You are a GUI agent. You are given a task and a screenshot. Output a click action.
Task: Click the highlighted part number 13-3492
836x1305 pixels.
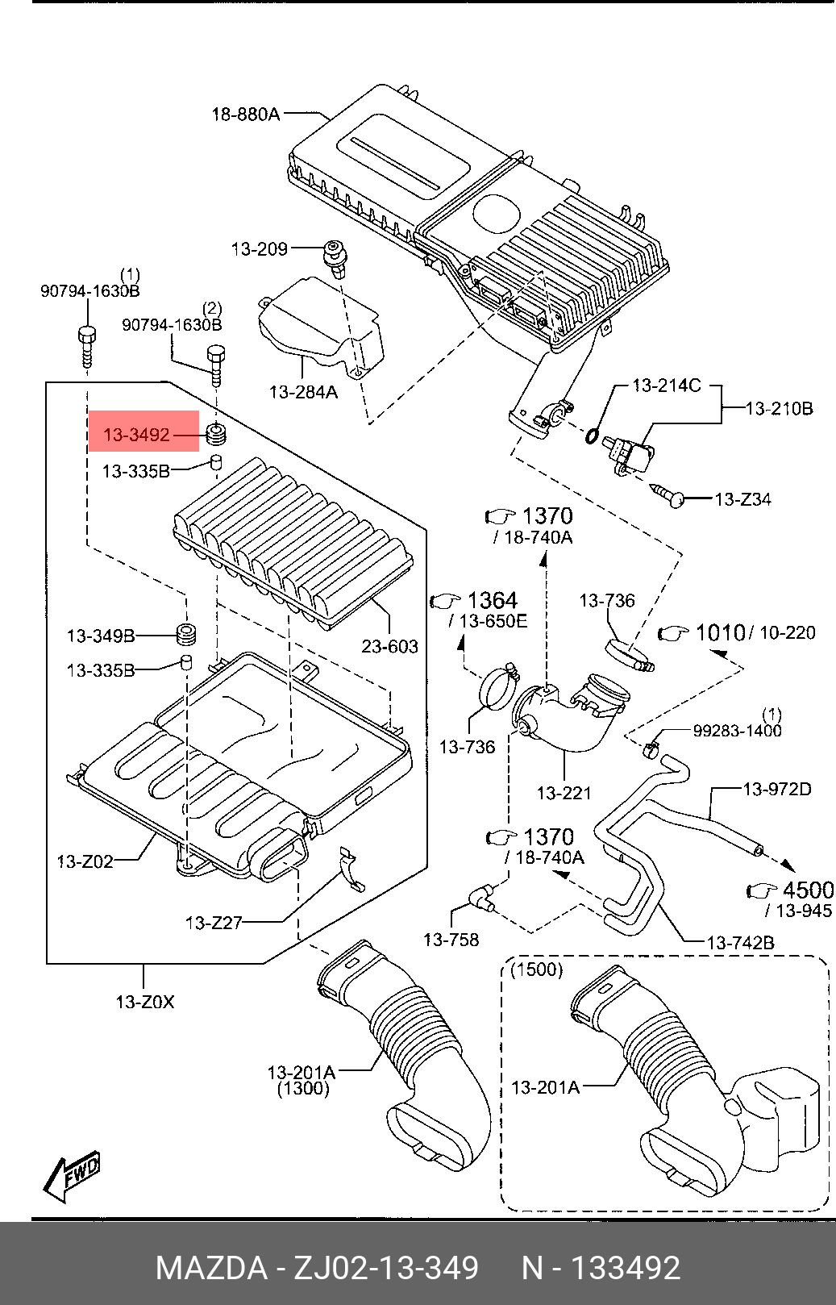[136, 435]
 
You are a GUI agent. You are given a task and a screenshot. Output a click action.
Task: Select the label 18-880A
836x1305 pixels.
[246, 115]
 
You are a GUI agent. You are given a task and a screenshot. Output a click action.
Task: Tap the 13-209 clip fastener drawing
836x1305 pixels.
[335, 257]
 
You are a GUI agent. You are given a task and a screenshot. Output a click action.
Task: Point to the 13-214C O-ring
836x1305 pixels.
[593, 436]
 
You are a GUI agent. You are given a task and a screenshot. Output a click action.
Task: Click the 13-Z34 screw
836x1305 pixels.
[668, 495]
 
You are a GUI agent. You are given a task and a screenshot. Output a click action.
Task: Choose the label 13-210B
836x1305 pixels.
[779, 408]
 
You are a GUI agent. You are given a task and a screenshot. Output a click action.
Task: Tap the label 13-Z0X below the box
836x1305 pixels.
[145, 1002]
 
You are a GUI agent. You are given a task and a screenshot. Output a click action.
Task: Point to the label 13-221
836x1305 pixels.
[564, 792]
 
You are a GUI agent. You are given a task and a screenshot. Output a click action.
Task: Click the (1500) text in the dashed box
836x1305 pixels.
[536, 969]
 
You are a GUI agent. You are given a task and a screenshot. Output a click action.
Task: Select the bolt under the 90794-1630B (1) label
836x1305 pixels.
[87, 346]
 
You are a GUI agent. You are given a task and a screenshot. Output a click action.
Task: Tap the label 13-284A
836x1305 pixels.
[303, 391]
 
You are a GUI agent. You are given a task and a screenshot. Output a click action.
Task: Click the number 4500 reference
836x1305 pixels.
[809, 890]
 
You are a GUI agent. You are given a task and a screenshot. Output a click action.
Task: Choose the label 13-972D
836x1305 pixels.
[777, 789]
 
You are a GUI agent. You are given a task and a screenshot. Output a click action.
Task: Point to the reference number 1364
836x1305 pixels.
[493, 600]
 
